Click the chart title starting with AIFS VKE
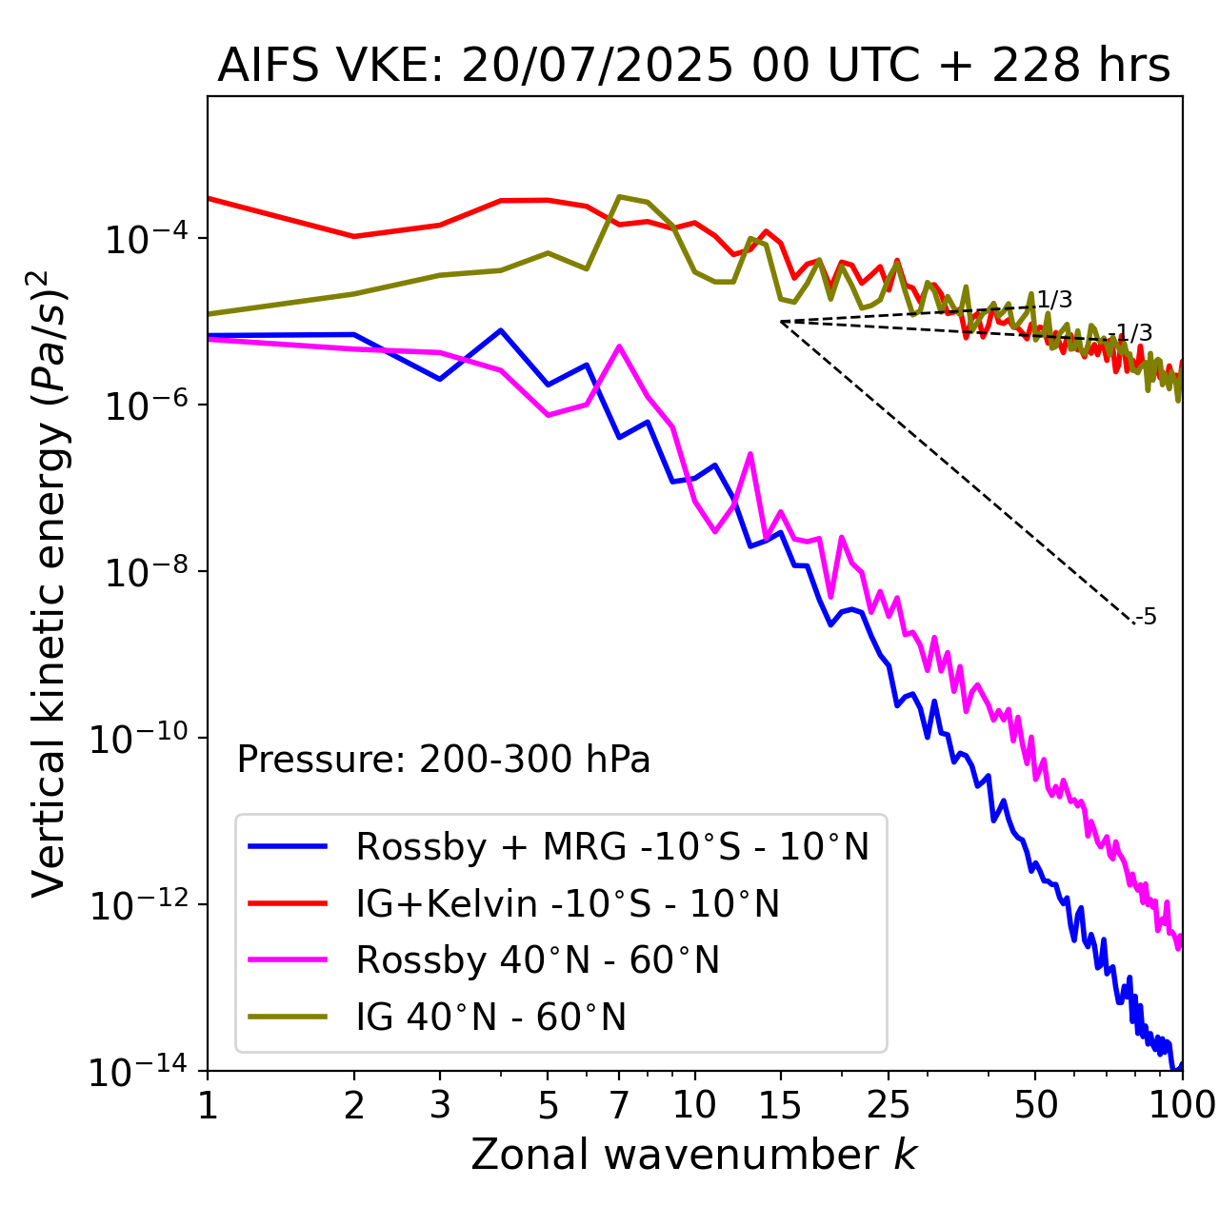click(x=693, y=67)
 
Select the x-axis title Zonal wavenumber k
click(x=693, y=1154)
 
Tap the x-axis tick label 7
click(x=619, y=1105)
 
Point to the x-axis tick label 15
click(x=781, y=1105)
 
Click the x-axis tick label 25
click(x=889, y=1105)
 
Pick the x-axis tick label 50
click(x=1035, y=1105)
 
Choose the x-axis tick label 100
click(x=1182, y=1105)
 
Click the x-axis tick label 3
click(x=440, y=1105)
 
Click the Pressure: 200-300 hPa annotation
click(x=444, y=760)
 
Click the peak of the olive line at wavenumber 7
click(x=619, y=197)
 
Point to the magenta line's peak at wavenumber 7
click(x=619, y=346)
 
